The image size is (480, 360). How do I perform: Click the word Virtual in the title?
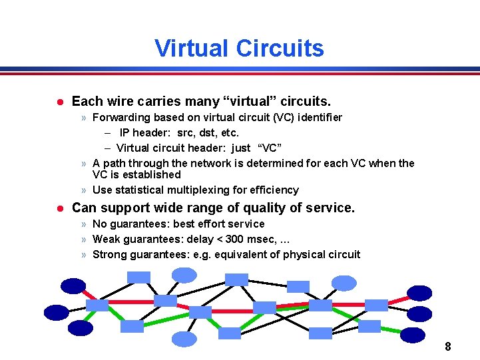click(x=194, y=49)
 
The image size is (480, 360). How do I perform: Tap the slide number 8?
click(x=448, y=347)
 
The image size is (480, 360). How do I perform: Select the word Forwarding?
click(x=121, y=118)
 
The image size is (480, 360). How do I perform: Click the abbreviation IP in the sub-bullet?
click(x=125, y=133)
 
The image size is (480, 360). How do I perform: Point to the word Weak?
click(x=106, y=240)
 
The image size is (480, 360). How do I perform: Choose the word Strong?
click(x=109, y=255)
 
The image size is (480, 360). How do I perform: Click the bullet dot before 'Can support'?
click(x=59, y=208)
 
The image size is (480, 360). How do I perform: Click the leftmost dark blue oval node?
click(x=56, y=311)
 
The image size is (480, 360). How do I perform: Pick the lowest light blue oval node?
click(x=184, y=339)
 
